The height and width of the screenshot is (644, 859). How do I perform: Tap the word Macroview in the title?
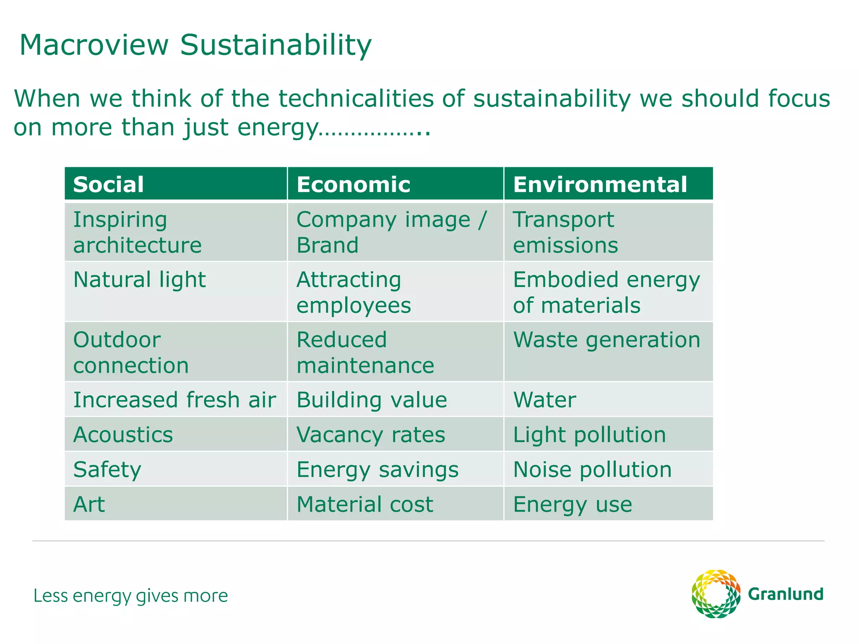pos(94,45)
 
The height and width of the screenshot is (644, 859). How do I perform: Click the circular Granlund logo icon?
pos(716,594)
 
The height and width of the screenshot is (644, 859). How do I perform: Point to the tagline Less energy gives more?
pos(130,596)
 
